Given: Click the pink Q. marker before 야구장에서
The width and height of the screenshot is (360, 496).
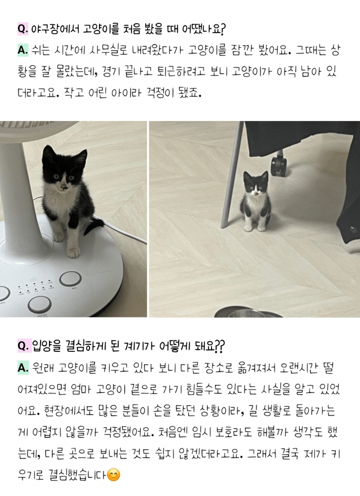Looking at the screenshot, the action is tap(22, 29).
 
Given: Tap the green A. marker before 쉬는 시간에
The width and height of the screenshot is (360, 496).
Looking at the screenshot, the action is tap(22, 50).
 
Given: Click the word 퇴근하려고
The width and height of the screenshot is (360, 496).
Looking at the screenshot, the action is tap(181, 72).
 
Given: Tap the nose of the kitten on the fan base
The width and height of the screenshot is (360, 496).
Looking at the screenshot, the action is tap(64, 187).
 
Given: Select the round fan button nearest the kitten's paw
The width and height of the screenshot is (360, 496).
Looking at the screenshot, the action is tap(70, 279).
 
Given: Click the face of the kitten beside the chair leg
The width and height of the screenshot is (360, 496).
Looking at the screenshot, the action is tap(256, 184).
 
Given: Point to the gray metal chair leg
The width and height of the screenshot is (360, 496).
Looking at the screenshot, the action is tap(232, 175).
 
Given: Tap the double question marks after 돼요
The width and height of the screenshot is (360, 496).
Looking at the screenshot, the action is tap(219, 346).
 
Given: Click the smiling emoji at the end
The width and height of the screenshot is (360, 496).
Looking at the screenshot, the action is tap(114, 475).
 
